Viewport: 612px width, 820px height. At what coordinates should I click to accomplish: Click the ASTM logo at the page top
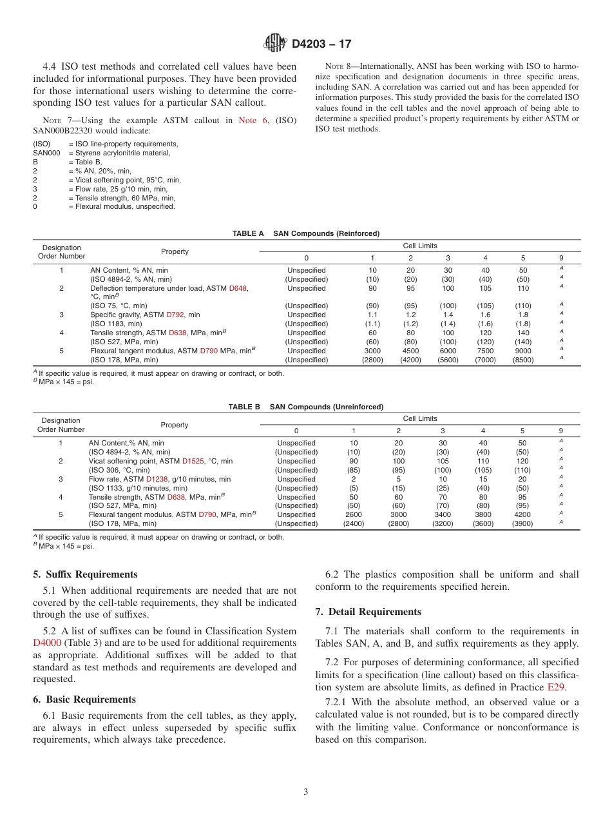pos(275,44)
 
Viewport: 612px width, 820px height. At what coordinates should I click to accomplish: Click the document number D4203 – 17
pos(321,44)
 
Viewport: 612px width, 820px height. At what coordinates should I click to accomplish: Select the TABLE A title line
pos(306,233)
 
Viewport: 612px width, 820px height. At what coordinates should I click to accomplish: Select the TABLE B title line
pos(306,407)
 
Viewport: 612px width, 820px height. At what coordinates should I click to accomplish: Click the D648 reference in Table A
pos(238,288)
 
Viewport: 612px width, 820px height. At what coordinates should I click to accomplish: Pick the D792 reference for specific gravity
pos(175,315)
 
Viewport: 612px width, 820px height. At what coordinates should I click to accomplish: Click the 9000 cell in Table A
pos(522,351)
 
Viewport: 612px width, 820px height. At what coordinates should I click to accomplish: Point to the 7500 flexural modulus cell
pos(485,351)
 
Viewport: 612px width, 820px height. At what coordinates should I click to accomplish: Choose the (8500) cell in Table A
pos(522,360)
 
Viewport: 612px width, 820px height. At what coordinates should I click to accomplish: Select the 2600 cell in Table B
pos(353,514)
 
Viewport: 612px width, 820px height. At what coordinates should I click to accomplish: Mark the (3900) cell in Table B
pos(522,523)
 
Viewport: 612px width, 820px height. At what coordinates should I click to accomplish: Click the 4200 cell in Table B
pos(522,514)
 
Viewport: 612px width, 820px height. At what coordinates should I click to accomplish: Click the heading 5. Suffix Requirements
pos(85,574)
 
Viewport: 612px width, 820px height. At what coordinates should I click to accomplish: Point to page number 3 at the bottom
pos(306,792)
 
